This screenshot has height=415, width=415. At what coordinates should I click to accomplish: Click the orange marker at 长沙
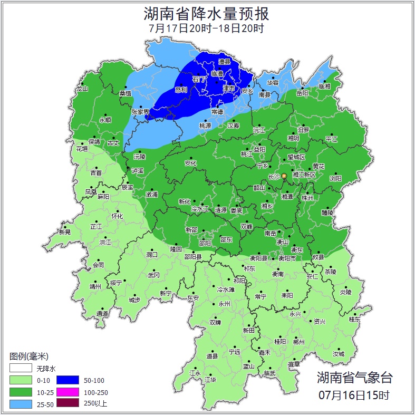pos(284,176)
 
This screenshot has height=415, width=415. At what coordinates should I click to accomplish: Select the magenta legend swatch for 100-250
pos(67,392)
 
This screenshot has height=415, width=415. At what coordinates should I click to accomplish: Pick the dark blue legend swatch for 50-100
pos(67,380)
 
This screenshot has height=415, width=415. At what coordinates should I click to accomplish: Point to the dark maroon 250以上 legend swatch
pos(67,404)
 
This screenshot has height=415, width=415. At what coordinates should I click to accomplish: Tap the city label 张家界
pos(141,112)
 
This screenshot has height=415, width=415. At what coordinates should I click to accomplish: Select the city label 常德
pos(217,112)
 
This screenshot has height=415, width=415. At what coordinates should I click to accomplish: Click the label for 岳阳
pos(302,93)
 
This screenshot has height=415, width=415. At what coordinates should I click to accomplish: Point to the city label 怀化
pos(117,216)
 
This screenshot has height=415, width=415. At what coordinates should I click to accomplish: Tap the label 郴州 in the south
pos(299,342)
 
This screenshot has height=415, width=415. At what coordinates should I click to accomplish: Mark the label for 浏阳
pos(335,179)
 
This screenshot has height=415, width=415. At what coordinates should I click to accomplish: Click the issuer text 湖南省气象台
pos(354,378)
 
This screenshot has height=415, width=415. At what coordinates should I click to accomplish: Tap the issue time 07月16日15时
pos(354,394)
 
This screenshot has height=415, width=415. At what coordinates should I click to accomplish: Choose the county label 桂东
pos(354,319)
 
